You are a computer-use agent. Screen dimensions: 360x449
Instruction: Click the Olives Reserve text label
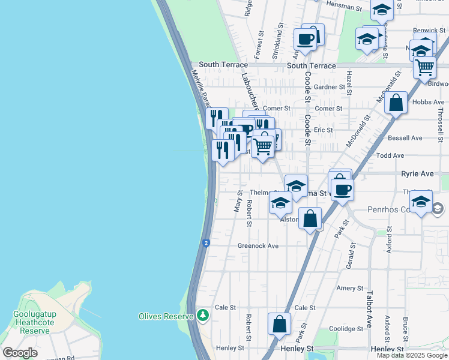[166, 316]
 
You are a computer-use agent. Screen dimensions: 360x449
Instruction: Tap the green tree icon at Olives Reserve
[203, 315]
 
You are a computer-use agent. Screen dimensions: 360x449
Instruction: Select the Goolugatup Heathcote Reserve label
[31, 322]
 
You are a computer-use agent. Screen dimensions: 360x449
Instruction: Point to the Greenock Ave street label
[258, 246]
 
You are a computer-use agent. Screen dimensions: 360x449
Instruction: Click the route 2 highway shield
[206, 243]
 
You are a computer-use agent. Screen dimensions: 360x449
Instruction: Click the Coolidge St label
[344, 328]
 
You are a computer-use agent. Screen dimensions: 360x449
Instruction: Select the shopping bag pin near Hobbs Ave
[396, 103]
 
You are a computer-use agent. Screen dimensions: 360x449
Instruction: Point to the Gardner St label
[330, 87]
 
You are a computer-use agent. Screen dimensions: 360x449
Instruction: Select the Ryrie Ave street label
[417, 173]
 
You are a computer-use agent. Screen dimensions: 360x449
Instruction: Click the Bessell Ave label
[405, 138]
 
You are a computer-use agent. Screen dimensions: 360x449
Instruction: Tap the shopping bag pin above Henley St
[280, 325]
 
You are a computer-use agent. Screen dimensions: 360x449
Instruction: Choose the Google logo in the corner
[20, 353]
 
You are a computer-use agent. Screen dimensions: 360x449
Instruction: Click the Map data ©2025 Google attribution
[412, 355]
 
